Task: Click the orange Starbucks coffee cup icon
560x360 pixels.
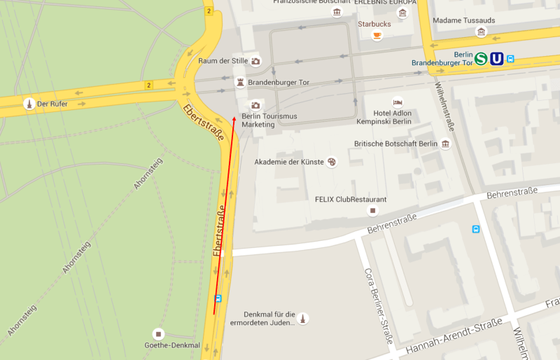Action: [x=377, y=35]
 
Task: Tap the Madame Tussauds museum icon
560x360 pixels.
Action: [x=481, y=32]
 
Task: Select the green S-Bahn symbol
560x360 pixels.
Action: [x=481, y=59]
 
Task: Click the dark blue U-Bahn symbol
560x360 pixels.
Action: [x=496, y=59]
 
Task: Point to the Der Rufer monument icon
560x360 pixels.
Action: [x=29, y=104]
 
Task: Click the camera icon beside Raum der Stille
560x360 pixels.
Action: [x=255, y=61]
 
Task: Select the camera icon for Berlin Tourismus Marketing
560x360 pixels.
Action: [x=255, y=104]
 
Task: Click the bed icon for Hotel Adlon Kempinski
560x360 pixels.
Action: [x=398, y=102]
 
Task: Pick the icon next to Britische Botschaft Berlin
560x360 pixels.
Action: [x=445, y=144]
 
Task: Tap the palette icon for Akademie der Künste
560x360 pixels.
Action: [x=332, y=162]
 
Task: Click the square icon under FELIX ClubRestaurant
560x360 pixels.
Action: [x=373, y=210]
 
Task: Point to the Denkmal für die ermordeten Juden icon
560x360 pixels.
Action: [x=303, y=319]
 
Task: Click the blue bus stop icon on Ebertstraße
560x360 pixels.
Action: [x=218, y=298]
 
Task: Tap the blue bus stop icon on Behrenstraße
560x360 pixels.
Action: [x=476, y=228]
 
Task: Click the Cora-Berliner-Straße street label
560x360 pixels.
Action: [x=378, y=307]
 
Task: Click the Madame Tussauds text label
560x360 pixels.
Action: [x=463, y=20]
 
